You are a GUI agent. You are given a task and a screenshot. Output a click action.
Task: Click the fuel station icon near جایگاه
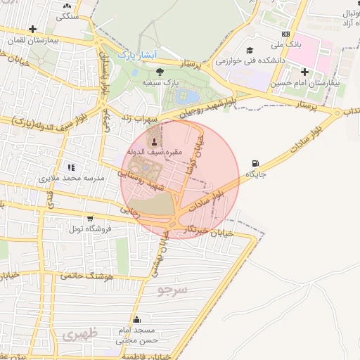coord(253,163)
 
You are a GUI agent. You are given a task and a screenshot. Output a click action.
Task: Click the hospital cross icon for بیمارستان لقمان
coord(32,29)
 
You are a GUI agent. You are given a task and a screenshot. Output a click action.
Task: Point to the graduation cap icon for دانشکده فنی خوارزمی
coord(250,50)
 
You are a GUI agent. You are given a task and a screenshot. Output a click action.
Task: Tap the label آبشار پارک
coord(139,54)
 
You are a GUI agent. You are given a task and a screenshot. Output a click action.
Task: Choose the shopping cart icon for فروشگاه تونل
coord(89,219)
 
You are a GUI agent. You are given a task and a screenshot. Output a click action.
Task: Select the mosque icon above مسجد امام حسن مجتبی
coord(127,320)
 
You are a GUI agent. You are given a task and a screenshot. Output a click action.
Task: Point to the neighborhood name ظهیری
coord(78,335)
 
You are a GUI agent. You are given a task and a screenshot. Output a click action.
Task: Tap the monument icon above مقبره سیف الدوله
coord(155,141)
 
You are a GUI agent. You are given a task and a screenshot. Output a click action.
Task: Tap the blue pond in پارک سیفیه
coord(190,96)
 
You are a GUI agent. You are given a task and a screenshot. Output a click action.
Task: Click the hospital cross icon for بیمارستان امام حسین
coord(304,72)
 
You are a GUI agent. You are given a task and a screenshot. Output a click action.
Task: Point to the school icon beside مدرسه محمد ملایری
coord(70,167)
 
